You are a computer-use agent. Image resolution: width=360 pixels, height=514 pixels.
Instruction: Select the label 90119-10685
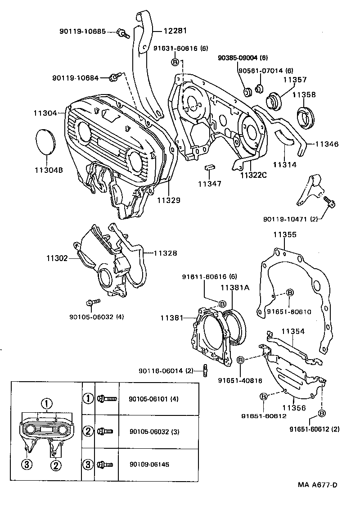pyautogui.click(x=82, y=32)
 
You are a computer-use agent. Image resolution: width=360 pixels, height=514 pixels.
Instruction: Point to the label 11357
pyautogui.click(x=295, y=80)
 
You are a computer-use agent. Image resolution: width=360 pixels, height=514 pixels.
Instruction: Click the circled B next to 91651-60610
pyautogui.click(x=290, y=293)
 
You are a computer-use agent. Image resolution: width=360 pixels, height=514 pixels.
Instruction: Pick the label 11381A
pyautogui.click(x=234, y=288)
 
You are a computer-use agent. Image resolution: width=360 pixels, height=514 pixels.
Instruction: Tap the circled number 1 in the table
pyautogui.click(x=88, y=398)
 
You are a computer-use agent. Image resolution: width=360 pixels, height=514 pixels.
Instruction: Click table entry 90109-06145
pyautogui.click(x=149, y=464)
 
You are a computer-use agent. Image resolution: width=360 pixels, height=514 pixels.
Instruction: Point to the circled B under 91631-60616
pyautogui.click(x=175, y=62)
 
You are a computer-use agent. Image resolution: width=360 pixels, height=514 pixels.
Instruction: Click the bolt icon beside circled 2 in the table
pyautogui.click(x=106, y=431)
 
